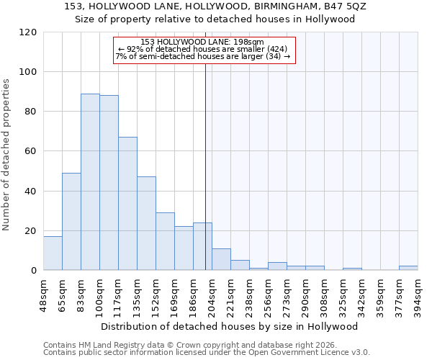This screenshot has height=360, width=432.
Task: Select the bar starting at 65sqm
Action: (71, 222)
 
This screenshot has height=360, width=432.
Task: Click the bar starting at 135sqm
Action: (146, 223)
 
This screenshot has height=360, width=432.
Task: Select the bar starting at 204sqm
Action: (221, 260)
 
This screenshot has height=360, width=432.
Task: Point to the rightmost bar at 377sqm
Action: (408, 269)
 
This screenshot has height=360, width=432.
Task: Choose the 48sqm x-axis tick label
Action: (43, 292)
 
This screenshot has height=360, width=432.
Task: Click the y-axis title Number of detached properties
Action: (6, 155)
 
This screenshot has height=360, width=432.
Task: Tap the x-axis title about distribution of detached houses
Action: (230, 326)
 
